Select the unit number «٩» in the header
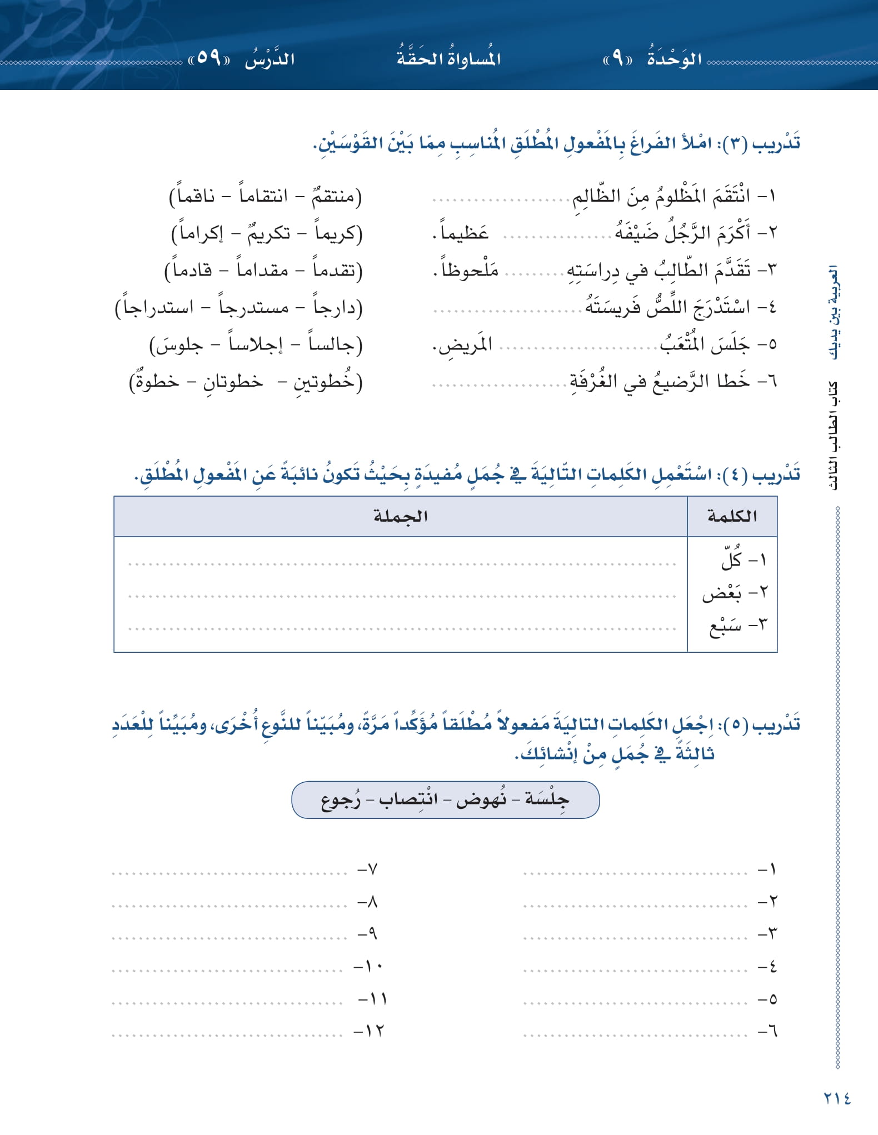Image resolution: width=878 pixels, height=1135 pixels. click(x=617, y=58)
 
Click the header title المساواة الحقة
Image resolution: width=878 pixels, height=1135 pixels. click(x=448, y=58)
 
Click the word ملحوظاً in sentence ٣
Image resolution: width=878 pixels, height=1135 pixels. click(x=469, y=270)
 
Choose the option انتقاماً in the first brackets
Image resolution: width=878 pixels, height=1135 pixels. click(x=263, y=196)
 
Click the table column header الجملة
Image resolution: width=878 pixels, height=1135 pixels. click(x=400, y=516)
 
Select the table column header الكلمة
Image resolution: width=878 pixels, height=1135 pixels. click(x=732, y=516)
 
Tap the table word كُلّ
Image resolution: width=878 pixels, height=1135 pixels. click(x=731, y=560)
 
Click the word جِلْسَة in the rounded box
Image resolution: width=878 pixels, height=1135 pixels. click(x=547, y=799)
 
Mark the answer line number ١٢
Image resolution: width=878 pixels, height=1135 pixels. click(x=369, y=1031)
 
